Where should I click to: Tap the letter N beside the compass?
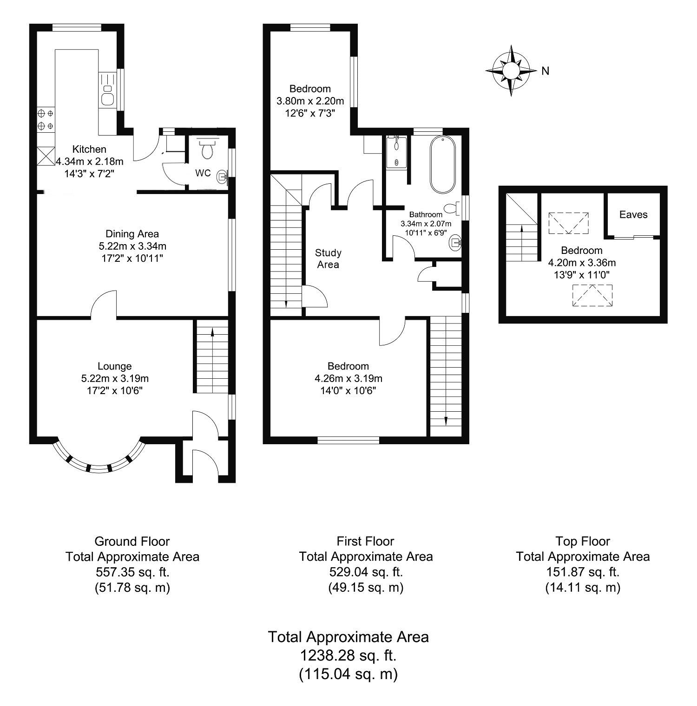[546, 71]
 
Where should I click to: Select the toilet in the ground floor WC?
[207, 149]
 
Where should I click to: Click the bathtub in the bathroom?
[443, 165]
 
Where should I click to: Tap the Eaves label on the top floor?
[633, 214]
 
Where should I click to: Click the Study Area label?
[328, 259]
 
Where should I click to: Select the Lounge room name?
[115, 366]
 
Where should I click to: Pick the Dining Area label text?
[132, 234]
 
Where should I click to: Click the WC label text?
[203, 173]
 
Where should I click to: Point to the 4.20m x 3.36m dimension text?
[582, 263]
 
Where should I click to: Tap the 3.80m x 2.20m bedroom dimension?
[310, 101]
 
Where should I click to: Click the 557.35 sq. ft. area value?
[132, 572]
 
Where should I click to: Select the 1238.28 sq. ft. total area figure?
[348, 655]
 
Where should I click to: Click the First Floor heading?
[365, 541]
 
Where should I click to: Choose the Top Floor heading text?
[583, 541]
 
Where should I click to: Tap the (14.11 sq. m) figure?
[583, 588]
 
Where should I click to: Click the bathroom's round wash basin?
[454, 242]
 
